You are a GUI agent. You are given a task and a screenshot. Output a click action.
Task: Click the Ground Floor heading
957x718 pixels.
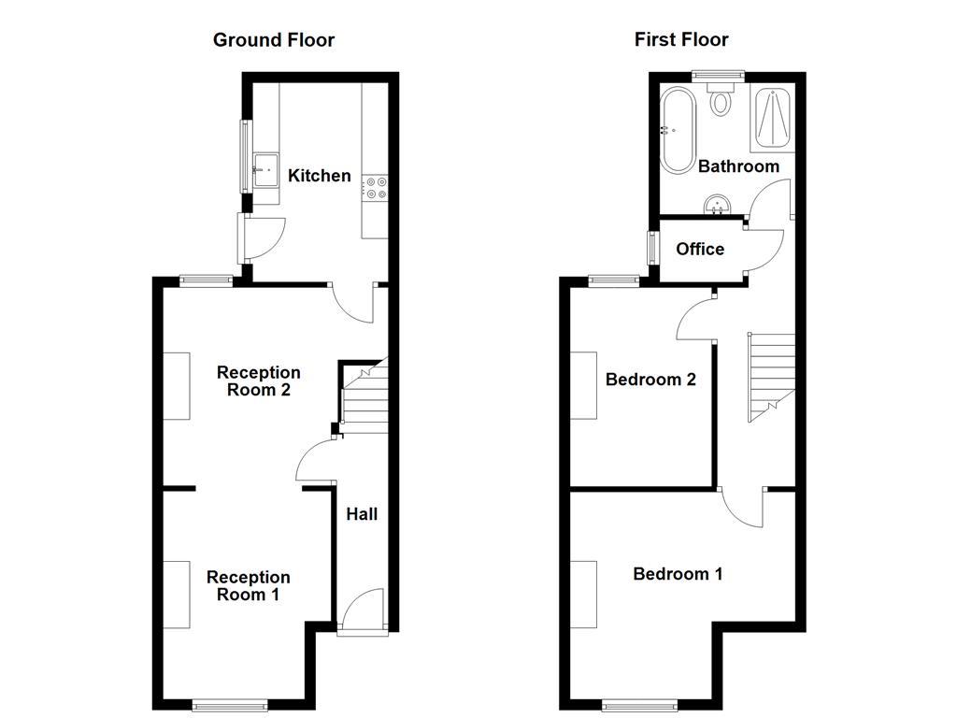tap(274, 40)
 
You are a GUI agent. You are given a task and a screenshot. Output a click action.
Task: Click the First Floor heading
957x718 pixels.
tap(681, 39)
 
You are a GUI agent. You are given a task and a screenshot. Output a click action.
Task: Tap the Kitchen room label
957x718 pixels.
tap(320, 176)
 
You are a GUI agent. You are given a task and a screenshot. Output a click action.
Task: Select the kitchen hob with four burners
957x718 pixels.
tap(375, 188)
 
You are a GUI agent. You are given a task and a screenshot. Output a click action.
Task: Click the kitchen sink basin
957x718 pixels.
tap(266, 169)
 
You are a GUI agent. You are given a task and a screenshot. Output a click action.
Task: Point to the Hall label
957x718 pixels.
tap(362, 514)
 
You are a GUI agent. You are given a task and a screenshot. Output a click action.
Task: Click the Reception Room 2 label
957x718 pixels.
tap(258, 381)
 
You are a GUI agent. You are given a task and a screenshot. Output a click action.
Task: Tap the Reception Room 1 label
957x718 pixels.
tap(248, 585)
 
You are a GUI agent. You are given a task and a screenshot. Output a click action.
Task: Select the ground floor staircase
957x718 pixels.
tap(364, 395)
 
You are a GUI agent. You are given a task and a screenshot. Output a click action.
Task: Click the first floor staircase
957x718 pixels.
tap(771, 378)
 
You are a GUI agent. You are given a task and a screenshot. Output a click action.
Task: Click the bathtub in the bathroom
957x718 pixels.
tap(678, 130)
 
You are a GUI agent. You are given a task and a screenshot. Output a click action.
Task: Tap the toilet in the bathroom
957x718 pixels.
tap(721, 99)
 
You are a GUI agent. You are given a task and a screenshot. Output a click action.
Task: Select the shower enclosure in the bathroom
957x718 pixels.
tap(773, 118)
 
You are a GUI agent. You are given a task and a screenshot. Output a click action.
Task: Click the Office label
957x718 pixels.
tap(700, 249)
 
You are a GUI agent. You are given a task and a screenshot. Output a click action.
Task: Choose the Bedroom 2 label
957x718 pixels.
tap(650, 380)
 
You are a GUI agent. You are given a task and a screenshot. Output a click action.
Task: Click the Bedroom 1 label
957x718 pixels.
tap(678, 574)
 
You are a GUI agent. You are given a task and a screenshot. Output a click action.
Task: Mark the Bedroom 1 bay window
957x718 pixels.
tap(639, 706)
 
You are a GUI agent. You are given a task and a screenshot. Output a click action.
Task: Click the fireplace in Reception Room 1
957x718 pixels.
tap(177, 595)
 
